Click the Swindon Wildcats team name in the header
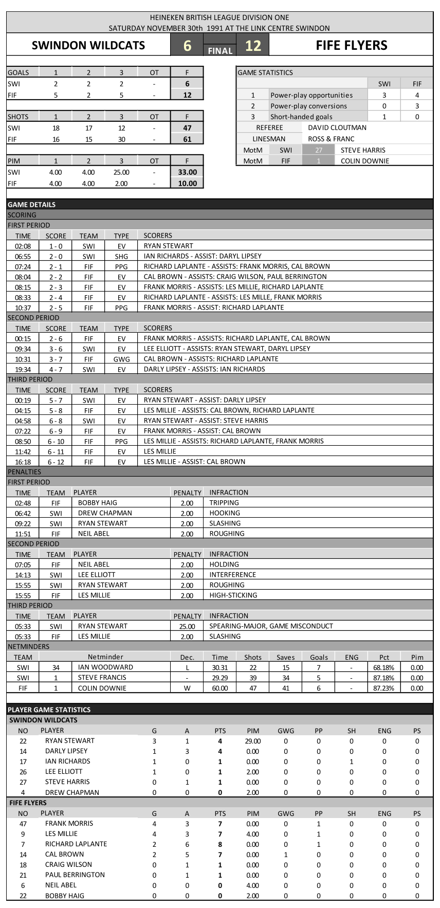[88, 45]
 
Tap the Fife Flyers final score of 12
[253, 45]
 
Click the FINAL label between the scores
[220, 50]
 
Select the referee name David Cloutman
[337, 128]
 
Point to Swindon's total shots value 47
[187, 128]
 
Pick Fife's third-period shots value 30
[121, 139]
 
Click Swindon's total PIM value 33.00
[187, 172]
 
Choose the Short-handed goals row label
[301, 117]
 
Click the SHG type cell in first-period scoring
[121, 256]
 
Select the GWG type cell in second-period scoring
[121, 359]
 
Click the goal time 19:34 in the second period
[23, 369]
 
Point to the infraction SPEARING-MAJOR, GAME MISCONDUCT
[271, 626]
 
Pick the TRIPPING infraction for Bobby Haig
[224, 503]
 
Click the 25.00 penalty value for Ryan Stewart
[187, 626]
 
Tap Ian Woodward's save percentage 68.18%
[384, 667]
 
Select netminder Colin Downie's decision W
[187, 688]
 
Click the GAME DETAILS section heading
[32, 205]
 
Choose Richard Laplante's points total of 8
[220, 844]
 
